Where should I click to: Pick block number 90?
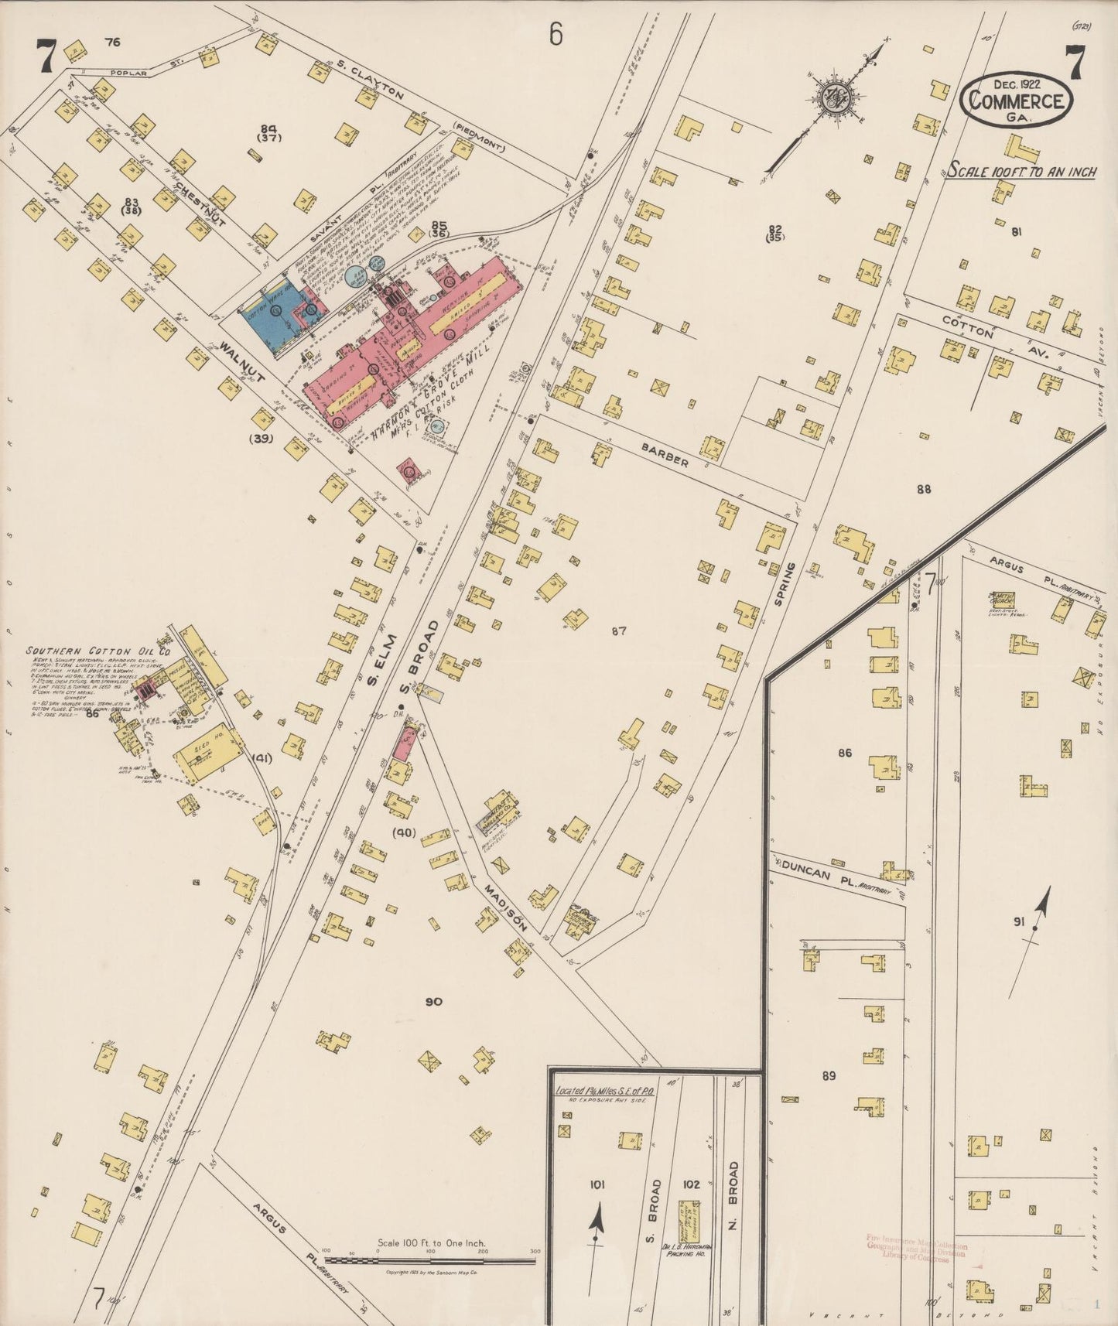tap(433, 1002)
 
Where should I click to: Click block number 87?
tap(617, 631)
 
